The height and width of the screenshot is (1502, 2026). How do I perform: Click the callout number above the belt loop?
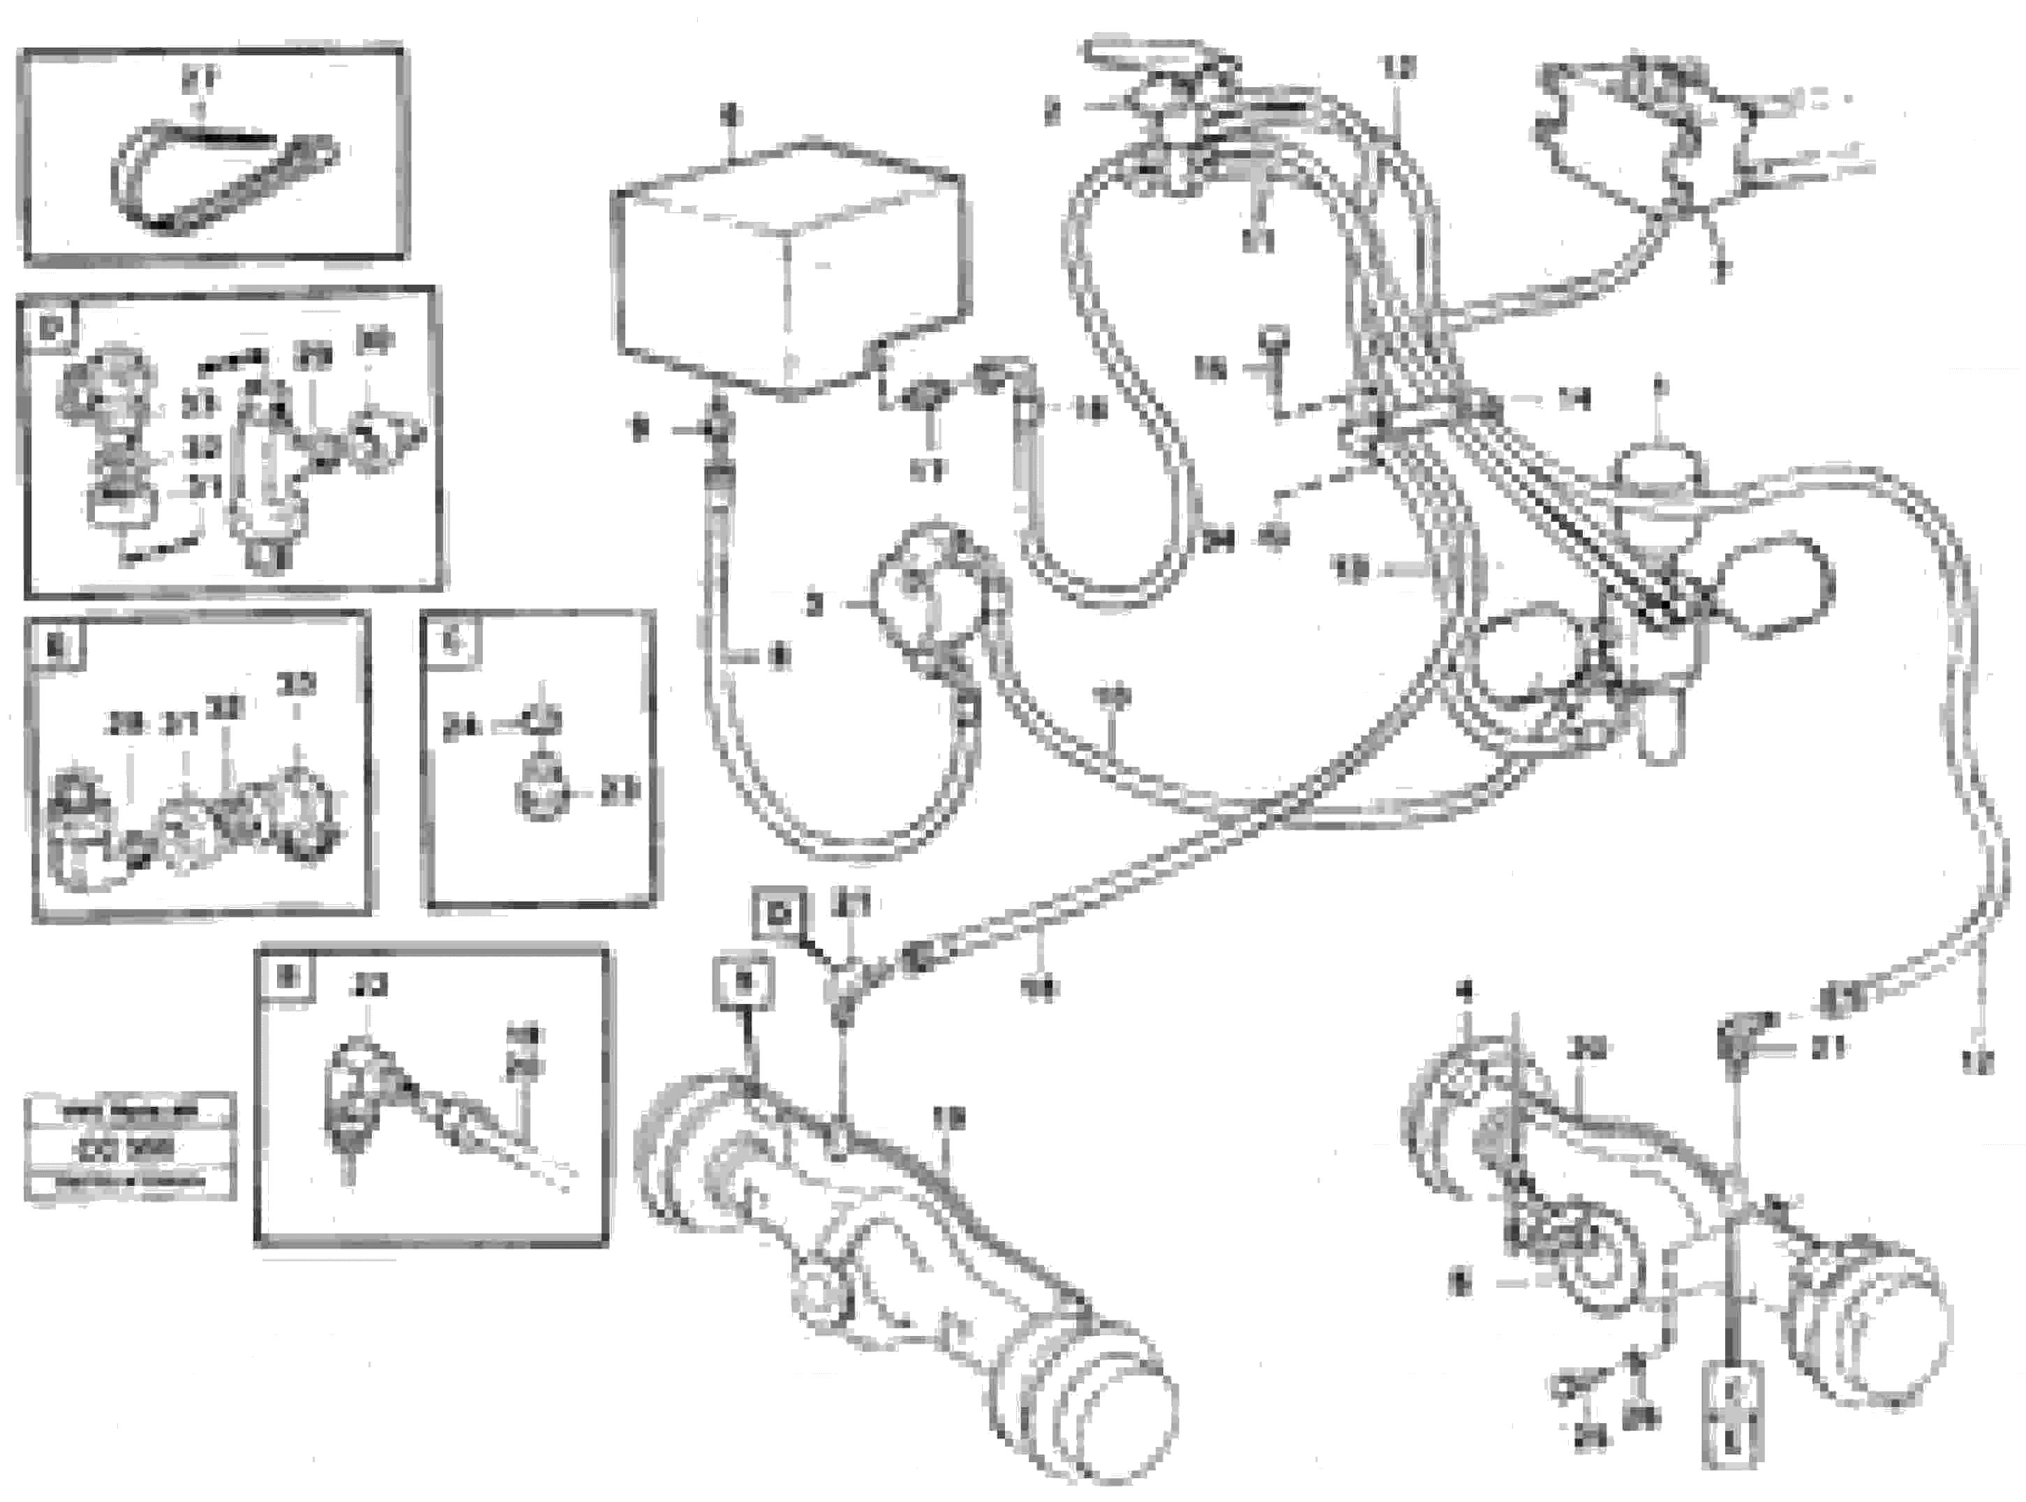(x=198, y=81)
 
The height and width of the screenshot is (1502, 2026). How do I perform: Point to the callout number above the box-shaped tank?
(x=732, y=116)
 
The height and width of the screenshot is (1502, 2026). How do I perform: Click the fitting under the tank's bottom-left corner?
(x=718, y=428)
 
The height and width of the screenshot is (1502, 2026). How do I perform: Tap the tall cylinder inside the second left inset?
(x=261, y=464)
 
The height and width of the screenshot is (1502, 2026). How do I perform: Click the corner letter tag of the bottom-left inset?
(x=286, y=977)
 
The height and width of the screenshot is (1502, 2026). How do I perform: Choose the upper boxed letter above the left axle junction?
(x=778, y=915)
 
